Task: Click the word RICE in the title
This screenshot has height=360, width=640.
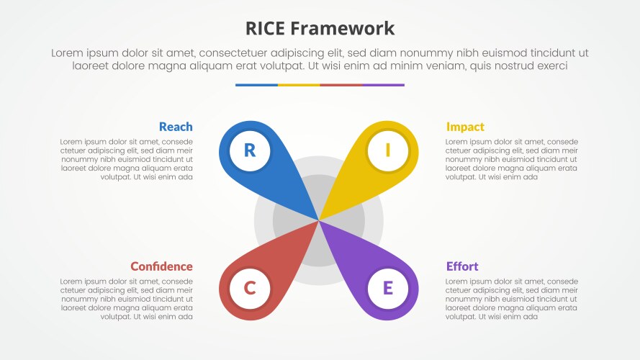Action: tap(267, 28)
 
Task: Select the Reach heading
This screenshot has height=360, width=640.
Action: tap(176, 127)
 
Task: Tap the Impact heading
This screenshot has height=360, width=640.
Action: tap(465, 127)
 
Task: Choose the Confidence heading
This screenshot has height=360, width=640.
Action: tap(161, 266)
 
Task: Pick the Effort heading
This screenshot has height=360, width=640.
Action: tap(462, 266)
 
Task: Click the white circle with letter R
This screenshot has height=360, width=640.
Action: tap(250, 150)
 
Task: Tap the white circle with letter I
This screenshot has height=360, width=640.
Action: tap(388, 150)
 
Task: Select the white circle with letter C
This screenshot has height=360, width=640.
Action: tap(250, 289)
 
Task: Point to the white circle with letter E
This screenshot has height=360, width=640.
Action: tap(388, 289)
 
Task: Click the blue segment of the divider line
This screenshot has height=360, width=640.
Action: tap(256, 85)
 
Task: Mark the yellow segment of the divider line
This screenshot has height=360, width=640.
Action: tap(299, 85)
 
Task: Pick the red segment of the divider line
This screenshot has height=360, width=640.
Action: tap(341, 85)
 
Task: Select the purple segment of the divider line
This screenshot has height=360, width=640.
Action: tap(383, 85)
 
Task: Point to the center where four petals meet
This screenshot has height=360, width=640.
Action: tap(319, 220)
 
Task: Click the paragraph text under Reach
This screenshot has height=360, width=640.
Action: tap(127, 159)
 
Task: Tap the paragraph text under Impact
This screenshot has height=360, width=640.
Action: tap(511, 159)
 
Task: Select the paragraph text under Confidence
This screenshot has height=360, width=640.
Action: tap(127, 299)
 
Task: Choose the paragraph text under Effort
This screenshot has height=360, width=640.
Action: tap(511, 299)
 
